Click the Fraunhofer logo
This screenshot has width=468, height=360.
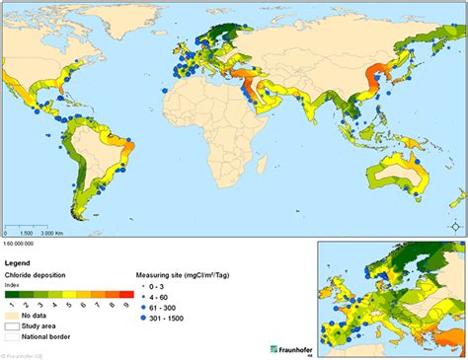(x=290, y=349)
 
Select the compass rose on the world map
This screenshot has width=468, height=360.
(x=453, y=226)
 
